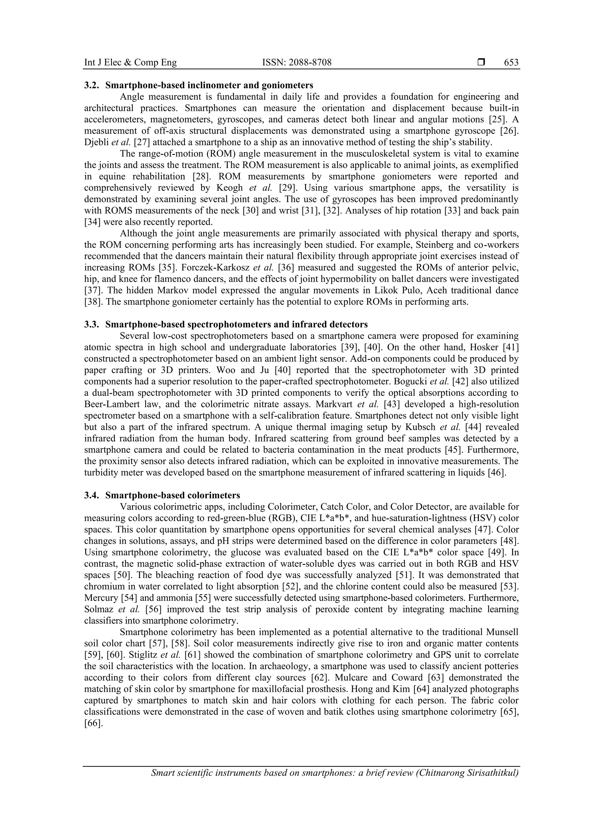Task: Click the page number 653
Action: pos(511,62)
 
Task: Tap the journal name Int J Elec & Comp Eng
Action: pos(130,62)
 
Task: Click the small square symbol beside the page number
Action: pos(481,62)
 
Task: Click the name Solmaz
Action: pos(99,609)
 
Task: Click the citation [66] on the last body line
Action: pos(93,723)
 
